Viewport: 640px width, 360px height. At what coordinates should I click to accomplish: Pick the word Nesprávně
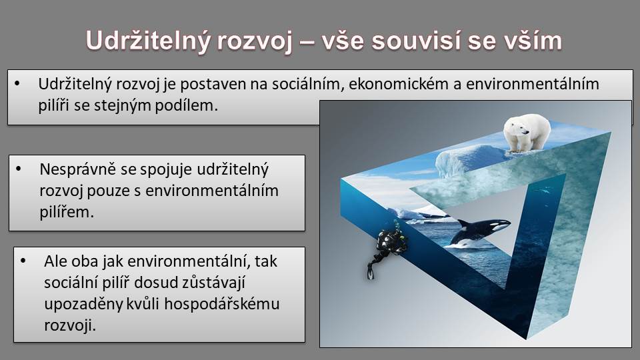[x=78, y=169]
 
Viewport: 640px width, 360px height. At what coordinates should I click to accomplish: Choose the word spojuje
[x=166, y=169]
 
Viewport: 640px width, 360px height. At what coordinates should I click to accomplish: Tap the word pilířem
[x=67, y=212]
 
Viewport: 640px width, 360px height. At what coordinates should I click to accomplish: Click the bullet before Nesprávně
[x=19, y=169]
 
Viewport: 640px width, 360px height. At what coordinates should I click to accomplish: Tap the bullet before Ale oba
[x=23, y=261]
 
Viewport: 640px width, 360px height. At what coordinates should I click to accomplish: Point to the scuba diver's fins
[x=371, y=270]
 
